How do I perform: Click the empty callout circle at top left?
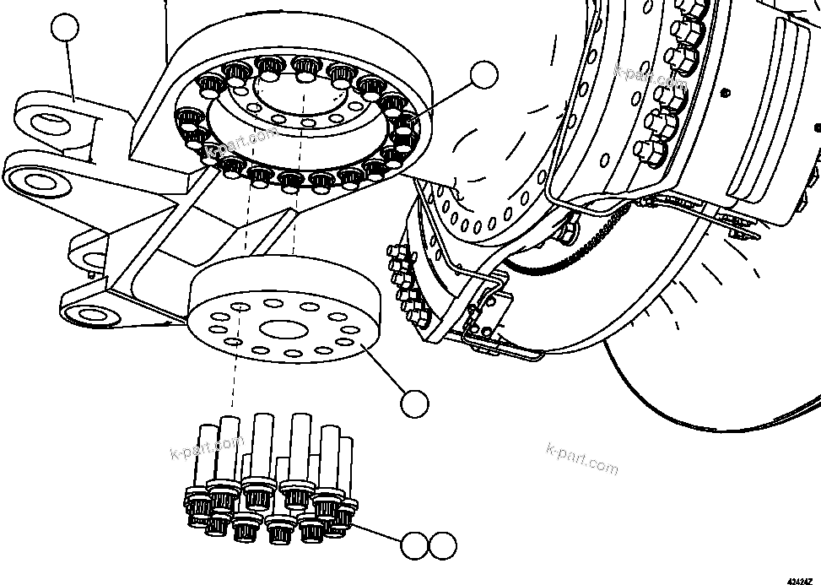65,29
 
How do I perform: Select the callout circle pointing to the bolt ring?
484,74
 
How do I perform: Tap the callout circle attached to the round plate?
415,404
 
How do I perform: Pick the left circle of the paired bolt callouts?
414,546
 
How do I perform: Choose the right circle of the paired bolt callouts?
441,546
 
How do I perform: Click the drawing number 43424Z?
801,580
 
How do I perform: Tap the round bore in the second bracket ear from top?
35,179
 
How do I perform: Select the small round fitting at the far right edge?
816,127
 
